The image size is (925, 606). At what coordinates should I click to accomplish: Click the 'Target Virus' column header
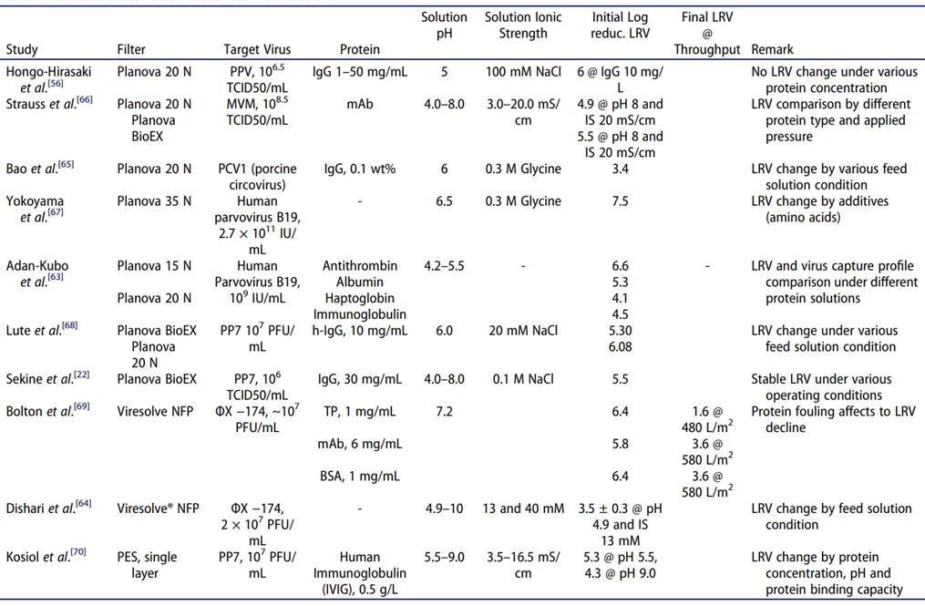(x=257, y=49)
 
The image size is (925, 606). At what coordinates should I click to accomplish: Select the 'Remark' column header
(x=772, y=49)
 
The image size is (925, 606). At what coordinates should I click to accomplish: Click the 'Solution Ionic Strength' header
(x=523, y=26)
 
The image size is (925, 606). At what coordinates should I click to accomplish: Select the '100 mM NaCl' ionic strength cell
(x=523, y=72)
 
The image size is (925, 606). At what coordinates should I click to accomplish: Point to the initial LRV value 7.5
(x=620, y=201)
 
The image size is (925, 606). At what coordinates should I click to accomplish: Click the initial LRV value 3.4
(x=620, y=169)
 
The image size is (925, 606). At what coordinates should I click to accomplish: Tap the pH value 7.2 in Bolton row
(x=444, y=412)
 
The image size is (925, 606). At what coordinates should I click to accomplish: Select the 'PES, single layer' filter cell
(x=147, y=564)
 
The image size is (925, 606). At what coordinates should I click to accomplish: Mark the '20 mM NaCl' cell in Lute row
(x=523, y=331)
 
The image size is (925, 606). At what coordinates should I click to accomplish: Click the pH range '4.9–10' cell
(x=444, y=508)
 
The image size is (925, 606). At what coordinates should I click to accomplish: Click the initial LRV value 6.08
(x=620, y=347)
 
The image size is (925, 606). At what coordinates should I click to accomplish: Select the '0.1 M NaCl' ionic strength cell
(x=523, y=379)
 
